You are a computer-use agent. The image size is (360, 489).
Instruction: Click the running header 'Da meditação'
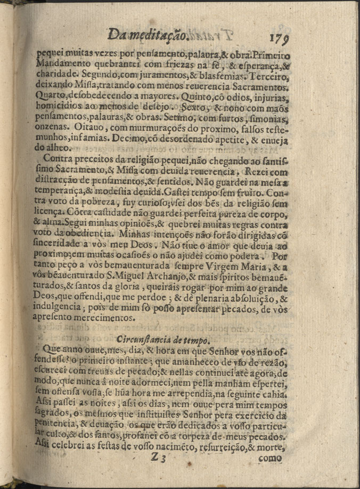[148, 36]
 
